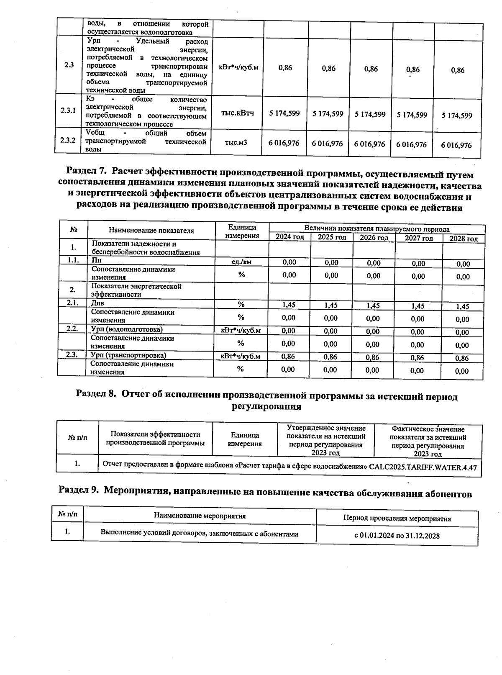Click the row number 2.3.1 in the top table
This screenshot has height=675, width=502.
click(68, 110)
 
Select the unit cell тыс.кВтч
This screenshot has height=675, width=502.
click(237, 113)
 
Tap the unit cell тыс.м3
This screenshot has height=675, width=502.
click(236, 143)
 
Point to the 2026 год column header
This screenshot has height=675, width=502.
click(374, 238)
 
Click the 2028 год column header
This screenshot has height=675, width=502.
click(463, 239)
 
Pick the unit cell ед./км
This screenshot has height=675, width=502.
click(241, 262)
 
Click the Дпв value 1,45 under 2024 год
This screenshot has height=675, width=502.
click(289, 305)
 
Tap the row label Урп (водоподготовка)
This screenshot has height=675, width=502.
click(127, 329)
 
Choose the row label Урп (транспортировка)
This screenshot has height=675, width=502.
click(128, 355)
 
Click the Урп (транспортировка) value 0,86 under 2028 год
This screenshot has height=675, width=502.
click(462, 358)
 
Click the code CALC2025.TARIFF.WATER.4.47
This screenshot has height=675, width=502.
click(423, 468)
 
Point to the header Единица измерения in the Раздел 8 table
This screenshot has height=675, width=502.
click(245, 439)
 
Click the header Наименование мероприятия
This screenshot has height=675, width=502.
click(200, 516)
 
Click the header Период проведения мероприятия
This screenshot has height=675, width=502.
click(397, 519)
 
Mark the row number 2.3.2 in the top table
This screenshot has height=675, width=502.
click(68, 140)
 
